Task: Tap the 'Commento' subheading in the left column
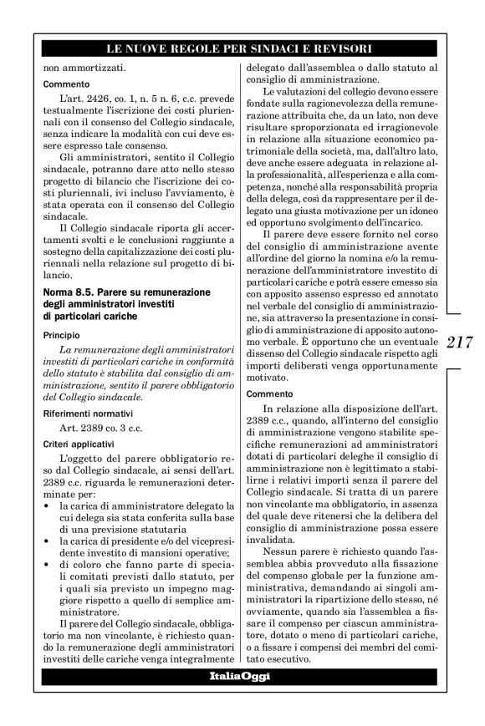[x=61, y=84]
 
